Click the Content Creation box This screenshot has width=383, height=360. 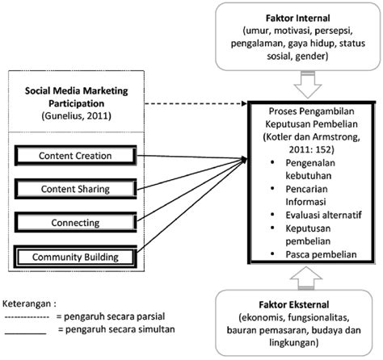[x=75, y=156]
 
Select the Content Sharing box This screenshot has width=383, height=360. [x=75, y=189]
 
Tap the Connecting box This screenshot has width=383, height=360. [x=75, y=223]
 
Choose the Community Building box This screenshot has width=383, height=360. [x=75, y=257]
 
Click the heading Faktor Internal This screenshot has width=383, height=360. [x=298, y=19]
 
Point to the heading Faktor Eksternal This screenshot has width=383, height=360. [x=294, y=304]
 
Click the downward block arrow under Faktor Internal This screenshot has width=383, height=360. [x=308, y=85]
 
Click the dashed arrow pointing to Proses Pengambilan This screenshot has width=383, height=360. [x=196, y=103]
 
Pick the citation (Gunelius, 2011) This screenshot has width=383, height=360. [x=76, y=116]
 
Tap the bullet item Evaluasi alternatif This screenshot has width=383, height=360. [x=323, y=215]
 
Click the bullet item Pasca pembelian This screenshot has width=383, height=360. [x=321, y=254]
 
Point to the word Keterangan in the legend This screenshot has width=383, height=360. [x=27, y=303]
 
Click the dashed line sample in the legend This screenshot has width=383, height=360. [x=27, y=317]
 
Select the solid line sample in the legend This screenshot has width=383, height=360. [x=26, y=334]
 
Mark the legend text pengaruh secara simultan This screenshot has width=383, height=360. [x=120, y=329]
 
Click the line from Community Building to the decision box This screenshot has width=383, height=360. [x=191, y=207]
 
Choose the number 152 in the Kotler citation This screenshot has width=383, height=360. [x=324, y=149]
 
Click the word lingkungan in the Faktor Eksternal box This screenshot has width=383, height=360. [x=294, y=343]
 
